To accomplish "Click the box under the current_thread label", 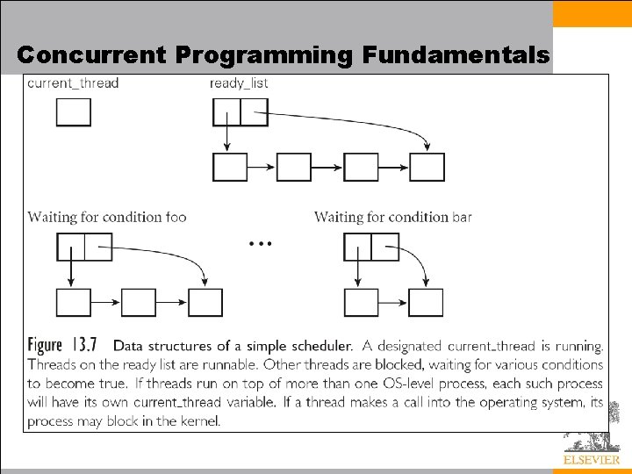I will pos(74,112).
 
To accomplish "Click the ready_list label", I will pos(239,83).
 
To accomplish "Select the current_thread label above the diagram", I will pos(73,83).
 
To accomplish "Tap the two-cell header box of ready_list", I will pos(241,112).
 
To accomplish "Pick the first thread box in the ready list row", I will pos(230,167).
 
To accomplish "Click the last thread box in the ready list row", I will pos(427,167).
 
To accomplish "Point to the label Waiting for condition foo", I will pos(107,217).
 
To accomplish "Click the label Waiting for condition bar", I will pos(392,217).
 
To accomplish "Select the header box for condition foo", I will pos(84,247).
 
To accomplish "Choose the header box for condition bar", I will pos(371,247).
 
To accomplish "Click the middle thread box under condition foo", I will pos(139,302).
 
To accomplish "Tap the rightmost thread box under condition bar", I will pos(426,302).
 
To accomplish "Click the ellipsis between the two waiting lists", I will pos(260,242).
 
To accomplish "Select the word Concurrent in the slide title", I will pos(90,55).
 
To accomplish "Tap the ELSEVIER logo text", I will pos(591,460).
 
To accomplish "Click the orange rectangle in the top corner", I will pos(592,13).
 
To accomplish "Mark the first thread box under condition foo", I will pos(74,302).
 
